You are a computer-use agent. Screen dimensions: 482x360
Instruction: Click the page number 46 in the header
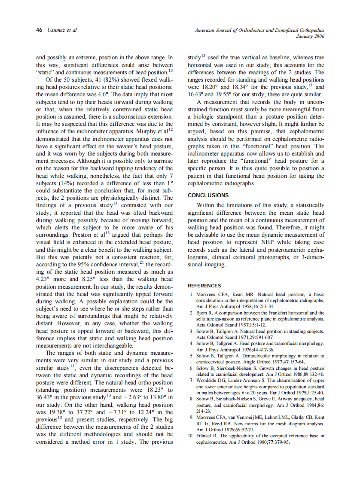39,31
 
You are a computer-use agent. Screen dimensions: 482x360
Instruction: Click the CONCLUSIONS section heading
208,195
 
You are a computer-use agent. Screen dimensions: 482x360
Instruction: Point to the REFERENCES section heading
204,286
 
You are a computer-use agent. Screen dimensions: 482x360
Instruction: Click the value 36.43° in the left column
46,397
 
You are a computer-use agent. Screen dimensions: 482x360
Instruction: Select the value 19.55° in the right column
232,95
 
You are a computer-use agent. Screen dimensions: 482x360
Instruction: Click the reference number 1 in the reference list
192,294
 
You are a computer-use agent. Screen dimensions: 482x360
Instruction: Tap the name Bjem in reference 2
202,313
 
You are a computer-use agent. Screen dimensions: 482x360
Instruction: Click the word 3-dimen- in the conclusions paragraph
309,257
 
